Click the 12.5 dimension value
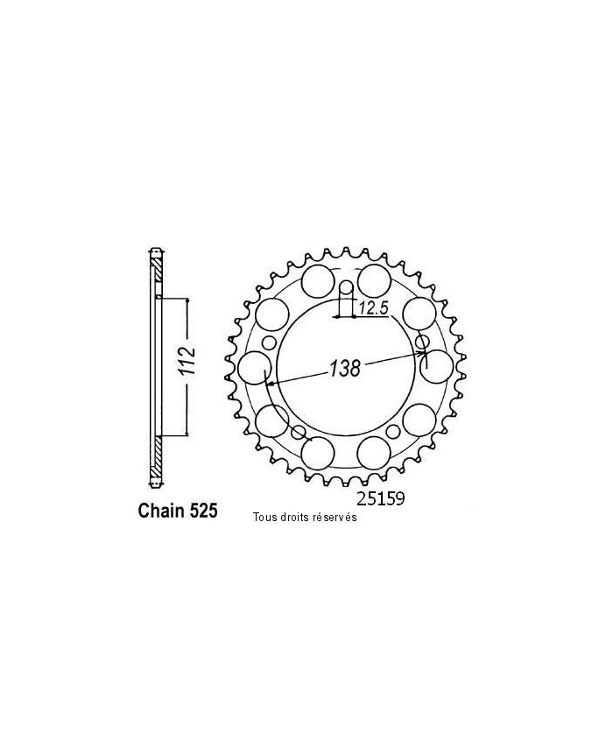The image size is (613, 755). [372, 307]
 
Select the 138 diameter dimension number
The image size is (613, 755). [344, 369]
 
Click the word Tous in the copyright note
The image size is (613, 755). [265, 517]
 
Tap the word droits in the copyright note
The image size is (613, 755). [297, 517]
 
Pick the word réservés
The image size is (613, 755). [336, 517]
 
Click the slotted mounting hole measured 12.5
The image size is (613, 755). [345, 293]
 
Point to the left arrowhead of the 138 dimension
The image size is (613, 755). [270, 383]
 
